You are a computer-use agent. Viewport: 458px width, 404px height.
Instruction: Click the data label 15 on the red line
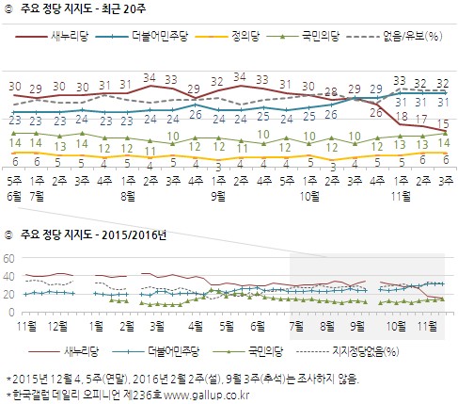tap(442, 122)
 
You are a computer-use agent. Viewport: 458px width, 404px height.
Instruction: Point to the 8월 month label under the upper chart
tap(128, 187)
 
